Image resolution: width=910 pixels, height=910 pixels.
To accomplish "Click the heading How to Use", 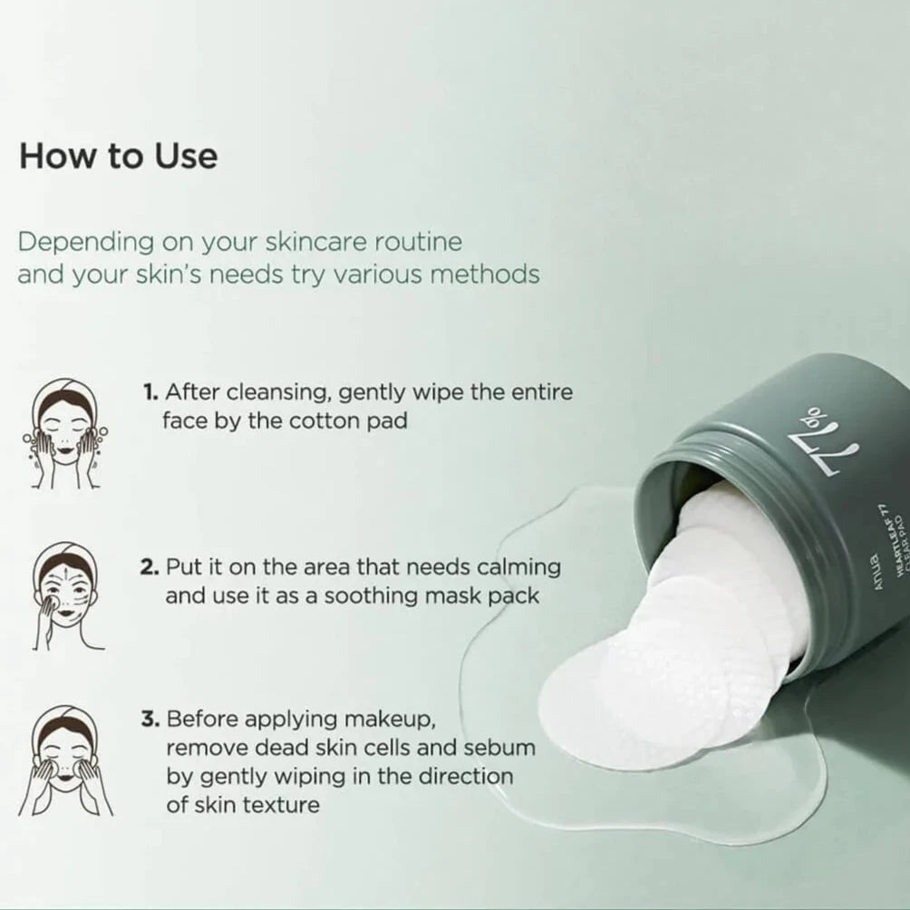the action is coord(119,156).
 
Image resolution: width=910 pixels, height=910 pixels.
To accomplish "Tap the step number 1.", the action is coord(150,392).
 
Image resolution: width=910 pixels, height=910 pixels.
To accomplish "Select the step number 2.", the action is coord(150,567).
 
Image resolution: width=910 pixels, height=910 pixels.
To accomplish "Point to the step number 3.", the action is coord(150,719).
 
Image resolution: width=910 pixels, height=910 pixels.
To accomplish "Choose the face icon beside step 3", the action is coord(65,760).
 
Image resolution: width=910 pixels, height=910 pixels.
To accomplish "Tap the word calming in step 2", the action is coord(518,568).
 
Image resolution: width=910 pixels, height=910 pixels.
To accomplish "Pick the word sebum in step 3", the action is coord(499,748).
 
